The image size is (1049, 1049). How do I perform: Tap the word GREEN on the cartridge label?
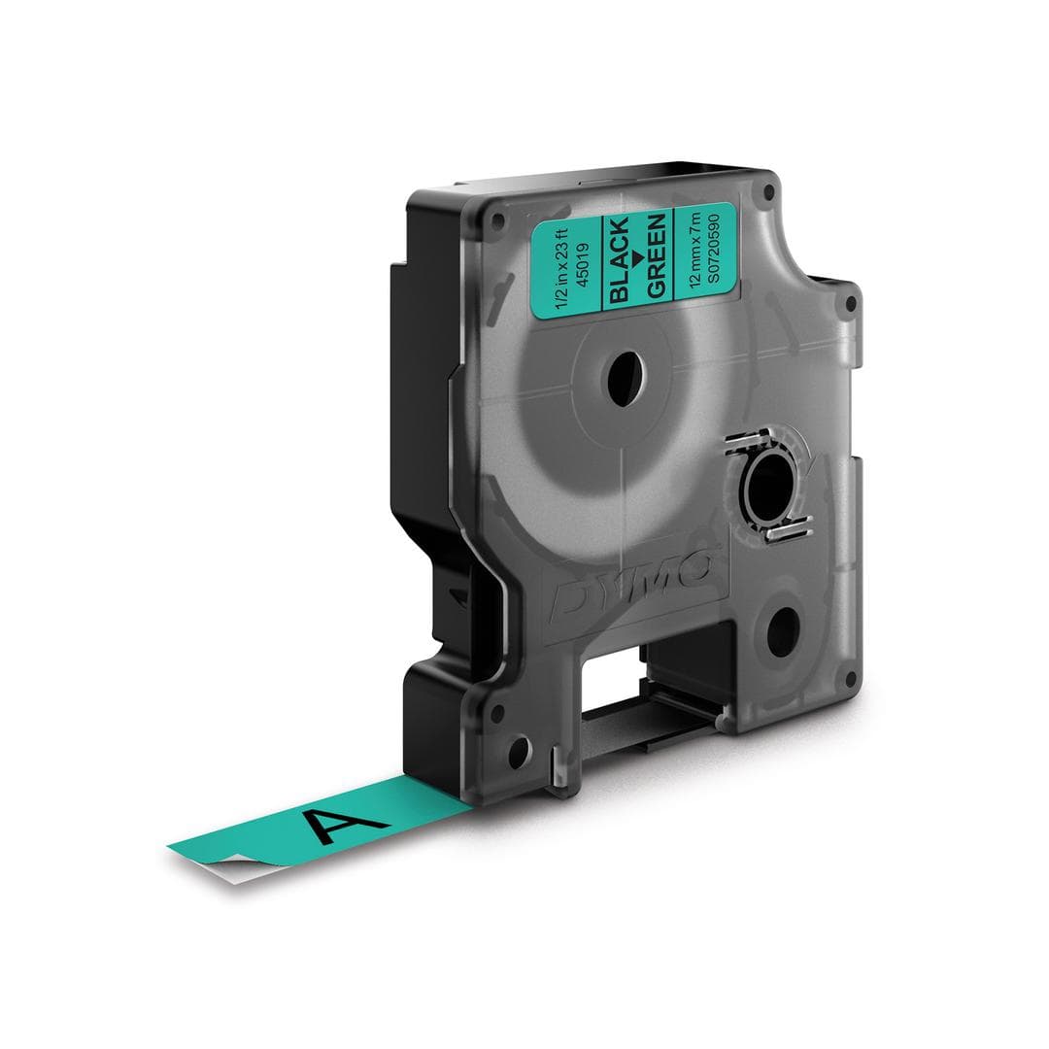tap(657, 254)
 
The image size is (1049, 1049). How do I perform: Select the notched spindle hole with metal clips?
tap(767, 480)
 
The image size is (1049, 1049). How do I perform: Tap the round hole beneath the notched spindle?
tap(781, 636)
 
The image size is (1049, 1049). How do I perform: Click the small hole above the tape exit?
tap(519, 748)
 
